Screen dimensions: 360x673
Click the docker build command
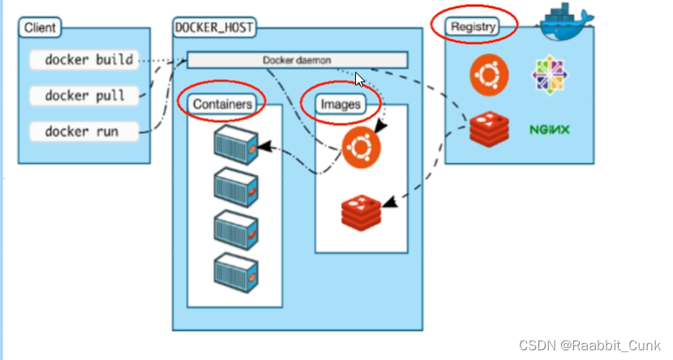[x=88, y=60]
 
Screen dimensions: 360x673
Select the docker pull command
[x=85, y=96]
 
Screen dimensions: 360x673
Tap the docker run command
[x=82, y=131]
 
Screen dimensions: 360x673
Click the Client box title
[x=41, y=28]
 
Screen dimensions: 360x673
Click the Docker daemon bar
[x=297, y=60]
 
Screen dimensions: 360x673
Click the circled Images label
[x=340, y=104]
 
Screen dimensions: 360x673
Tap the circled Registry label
[x=474, y=26]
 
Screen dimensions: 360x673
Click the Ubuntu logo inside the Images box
[x=362, y=148]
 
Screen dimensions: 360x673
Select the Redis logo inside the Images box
[x=362, y=210]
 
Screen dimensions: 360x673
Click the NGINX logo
[x=549, y=129]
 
